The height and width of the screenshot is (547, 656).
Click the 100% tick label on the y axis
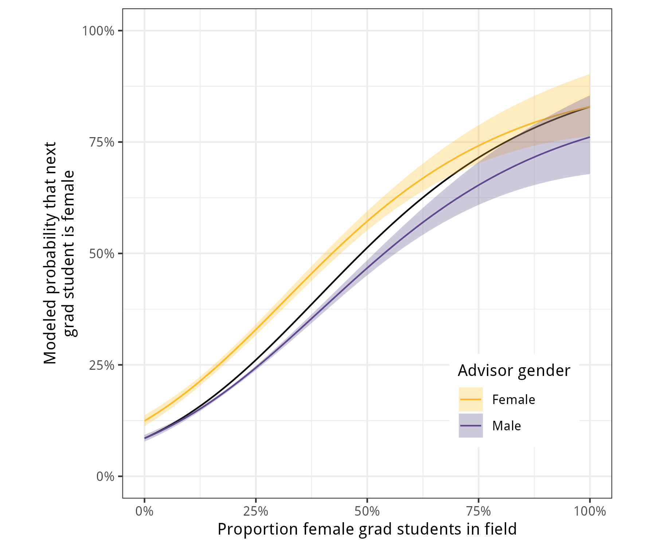(98, 31)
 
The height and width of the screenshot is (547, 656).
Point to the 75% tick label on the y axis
(102, 142)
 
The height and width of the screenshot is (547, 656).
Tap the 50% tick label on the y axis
(102, 253)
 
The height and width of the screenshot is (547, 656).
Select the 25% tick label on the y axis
(102, 365)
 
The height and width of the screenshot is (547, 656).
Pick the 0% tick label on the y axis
(105, 476)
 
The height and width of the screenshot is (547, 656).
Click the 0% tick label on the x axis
(144, 511)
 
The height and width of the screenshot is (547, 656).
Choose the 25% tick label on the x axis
(256, 511)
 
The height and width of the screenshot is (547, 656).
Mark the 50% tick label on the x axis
(367, 511)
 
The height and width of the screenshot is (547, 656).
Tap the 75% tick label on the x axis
(479, 511)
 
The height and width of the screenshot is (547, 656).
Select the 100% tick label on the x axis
(590, 511)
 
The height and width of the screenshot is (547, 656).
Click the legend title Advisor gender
(514, 371)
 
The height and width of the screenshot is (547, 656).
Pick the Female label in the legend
(514, 400)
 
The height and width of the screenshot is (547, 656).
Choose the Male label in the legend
(507, 426)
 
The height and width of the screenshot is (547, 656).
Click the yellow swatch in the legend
(470, 399)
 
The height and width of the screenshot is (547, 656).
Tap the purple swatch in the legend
(470, 426)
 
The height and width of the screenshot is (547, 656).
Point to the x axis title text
(367, 529)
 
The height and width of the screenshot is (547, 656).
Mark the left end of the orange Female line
(145, 421)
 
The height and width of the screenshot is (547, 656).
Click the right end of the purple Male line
(590, 137)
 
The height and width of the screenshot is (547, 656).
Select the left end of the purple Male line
(145, 438)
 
